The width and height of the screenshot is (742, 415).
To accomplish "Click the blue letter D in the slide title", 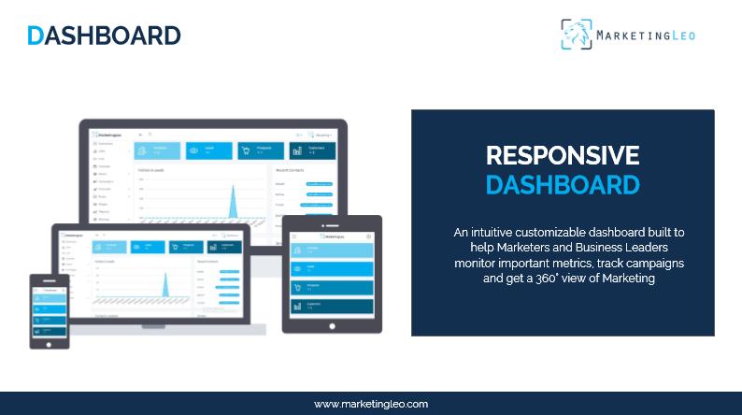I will (36, 36).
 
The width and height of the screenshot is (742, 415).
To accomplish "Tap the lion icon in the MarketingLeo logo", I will (577, 35).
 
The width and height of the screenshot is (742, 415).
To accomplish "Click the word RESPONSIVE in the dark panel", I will (563, 155).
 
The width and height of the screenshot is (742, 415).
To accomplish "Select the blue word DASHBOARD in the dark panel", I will (563, 184).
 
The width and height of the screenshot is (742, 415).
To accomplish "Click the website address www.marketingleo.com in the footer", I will (371, 404).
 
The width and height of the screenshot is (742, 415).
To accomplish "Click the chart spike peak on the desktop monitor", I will (234, 188).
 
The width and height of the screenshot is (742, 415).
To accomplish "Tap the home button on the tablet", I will (332, 323).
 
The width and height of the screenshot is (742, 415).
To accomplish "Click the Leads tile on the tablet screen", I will (332, 268).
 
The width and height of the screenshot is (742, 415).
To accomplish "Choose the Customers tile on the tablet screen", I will (332, 306).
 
